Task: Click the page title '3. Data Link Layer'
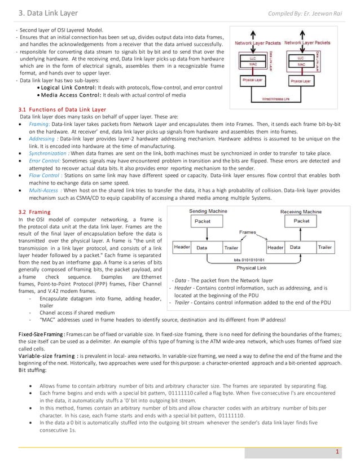tap(49, 13)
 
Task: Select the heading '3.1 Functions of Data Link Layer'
tap(62, 109)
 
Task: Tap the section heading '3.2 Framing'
tap(35, 211)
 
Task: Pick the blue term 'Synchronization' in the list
tap(47, 152)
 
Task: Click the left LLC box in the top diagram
tap(253, 58)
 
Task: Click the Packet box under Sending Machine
tap(203, 221)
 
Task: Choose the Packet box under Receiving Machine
tap(301, 221)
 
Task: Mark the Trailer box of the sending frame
tap(231, 247)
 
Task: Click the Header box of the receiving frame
tap(275, 247)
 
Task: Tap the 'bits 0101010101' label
tap(253, 260)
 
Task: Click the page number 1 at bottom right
tap(337, 451)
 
